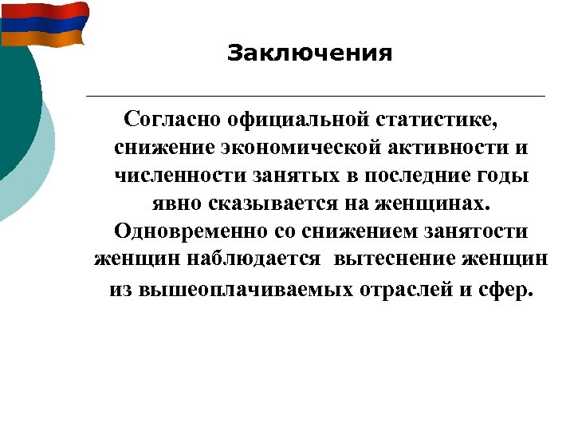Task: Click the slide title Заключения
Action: point(309,53)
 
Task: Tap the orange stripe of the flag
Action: point(44,37)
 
